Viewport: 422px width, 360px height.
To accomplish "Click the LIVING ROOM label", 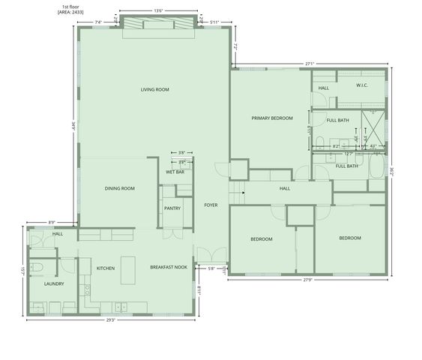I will coord(155,90).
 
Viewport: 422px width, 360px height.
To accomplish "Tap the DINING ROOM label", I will coord(119,188).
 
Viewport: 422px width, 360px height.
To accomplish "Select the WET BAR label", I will coord(175,172).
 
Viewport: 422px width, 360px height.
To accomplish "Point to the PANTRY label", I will coord(172,208).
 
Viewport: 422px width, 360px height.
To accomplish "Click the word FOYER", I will coord(211,205).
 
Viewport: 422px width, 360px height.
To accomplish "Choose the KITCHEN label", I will coord(105,268).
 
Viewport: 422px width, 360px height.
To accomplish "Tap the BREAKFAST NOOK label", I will coord(169,268).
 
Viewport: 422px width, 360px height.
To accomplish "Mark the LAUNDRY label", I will coord(54,283).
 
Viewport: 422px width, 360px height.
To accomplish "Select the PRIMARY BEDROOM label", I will coord(272,118).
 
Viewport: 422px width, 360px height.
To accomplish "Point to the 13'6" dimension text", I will coord(158,11).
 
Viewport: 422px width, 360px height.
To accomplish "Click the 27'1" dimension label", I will coord(310,64).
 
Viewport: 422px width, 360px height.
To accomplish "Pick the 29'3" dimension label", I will coord(111,320).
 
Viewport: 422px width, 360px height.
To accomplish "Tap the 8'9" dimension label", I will coord(52,222).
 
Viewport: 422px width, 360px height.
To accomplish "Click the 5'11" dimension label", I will coord(215,22).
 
